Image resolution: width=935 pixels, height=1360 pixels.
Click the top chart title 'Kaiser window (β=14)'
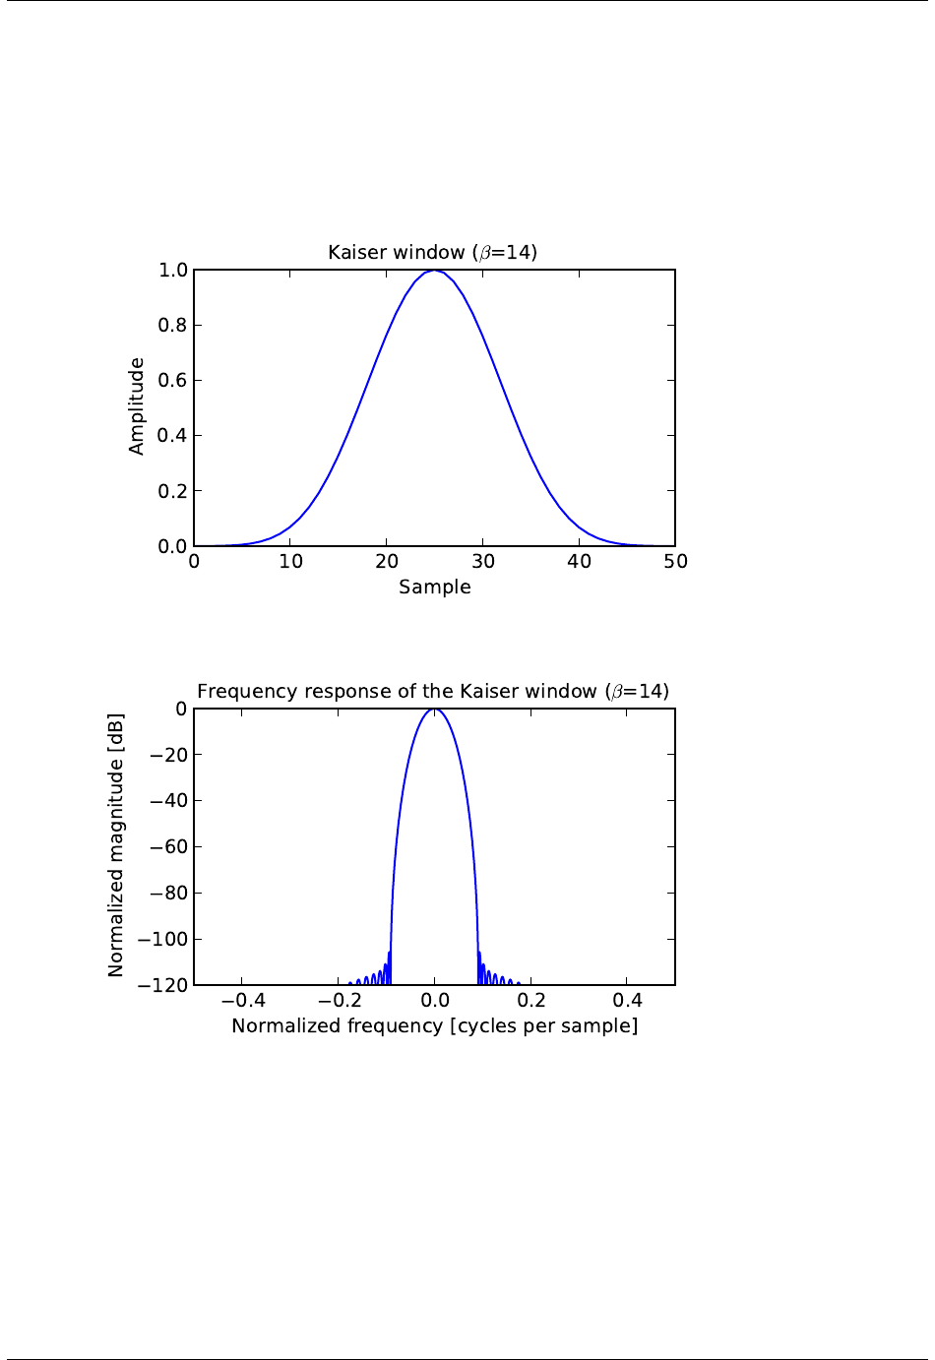tap(432, 253)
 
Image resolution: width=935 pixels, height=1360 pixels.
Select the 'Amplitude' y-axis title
tap(137, 406)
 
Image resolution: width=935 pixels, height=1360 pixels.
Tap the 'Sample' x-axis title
tap(434, 587)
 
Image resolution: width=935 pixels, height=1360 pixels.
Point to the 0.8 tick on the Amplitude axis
tap(173, 326)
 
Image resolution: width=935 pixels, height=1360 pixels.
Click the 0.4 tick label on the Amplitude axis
tap(173, 436)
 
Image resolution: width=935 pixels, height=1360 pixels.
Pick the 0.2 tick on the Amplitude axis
tap(173, 491)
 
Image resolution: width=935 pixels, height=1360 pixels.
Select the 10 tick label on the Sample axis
tap(290, 562)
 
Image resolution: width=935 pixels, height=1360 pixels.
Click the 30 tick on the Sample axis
tap(483, 562)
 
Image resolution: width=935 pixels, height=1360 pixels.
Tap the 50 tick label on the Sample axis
tap(675, 562)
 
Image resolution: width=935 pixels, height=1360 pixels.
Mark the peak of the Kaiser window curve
tap(434, 271)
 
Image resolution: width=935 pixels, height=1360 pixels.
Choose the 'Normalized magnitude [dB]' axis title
tap(116, 845)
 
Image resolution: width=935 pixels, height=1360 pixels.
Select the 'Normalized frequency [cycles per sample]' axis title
tap(434, 1026)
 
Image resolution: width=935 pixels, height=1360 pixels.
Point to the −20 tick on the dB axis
tap(168, 755)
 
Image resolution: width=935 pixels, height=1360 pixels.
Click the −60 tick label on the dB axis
tap(168, 847)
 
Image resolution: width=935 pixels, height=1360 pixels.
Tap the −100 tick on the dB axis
tap(162, 940)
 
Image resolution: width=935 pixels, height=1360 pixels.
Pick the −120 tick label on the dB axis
tap(162, 985)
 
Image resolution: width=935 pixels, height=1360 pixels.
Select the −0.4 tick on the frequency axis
tap(242, 1001)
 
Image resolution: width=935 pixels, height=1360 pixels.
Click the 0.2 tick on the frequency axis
tap(531, 1001)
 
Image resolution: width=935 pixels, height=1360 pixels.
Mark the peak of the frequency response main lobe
tap(434, 710)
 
